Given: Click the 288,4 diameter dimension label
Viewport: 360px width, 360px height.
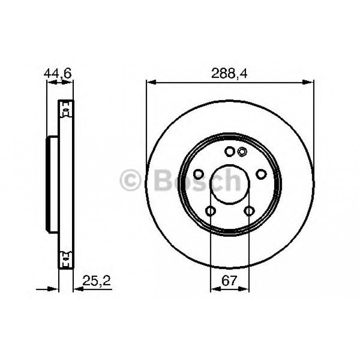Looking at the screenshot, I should tap(229, 73).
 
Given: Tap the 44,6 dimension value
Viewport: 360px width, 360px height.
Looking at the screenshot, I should tap(58, 73).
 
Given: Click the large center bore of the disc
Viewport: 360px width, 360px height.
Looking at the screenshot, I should tap(229, 183).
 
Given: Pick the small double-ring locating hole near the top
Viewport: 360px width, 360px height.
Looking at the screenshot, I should tap(242, 152).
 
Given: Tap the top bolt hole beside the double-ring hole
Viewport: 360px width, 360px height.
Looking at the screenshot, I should tap(229, 152).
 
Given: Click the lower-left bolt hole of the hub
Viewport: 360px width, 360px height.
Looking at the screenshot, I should tap(210, 211).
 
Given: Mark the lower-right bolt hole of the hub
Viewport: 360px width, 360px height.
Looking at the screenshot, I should tap(249, 211).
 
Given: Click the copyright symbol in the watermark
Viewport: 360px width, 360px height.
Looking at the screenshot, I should tap(131, 180).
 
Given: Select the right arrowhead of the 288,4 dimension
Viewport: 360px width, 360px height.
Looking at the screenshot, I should tap(309, 82).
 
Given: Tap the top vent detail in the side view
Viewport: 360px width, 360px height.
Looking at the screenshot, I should tap(66, 110).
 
